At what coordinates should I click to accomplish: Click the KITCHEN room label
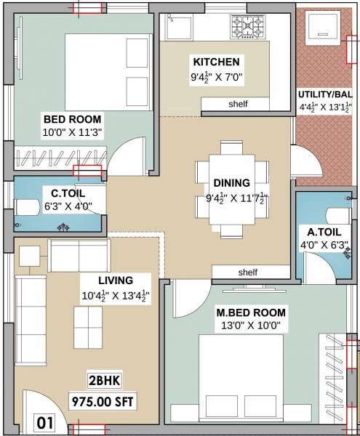click(x=215, y=62)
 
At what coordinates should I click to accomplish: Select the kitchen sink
click(x=177, y=28)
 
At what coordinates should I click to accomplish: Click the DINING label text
click(x=231, y=182)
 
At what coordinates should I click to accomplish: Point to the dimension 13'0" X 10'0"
click(x=251, y=326)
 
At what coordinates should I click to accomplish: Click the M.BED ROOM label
click(x=251, y=312)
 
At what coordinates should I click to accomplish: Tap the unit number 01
click(x=46, y=421)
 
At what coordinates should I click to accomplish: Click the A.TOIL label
click(x=321, y=232)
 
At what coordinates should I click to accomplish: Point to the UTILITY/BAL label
click(x=325, y=94)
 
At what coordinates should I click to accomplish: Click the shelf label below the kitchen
click(x=238, y=104)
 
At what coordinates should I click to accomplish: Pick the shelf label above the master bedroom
click(x=248, y=272)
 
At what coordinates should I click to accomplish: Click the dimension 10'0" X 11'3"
click(x=73, y=132)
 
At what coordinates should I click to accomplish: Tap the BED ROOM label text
click(x=73, y=118)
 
